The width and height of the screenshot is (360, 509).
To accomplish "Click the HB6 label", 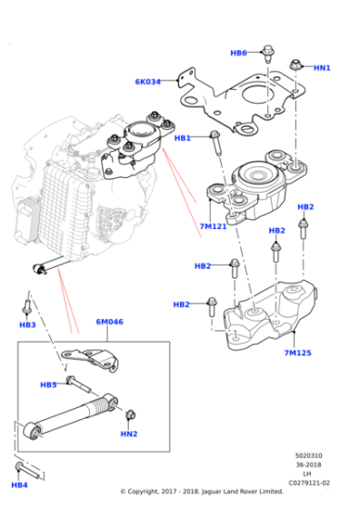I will (x=238, y=53).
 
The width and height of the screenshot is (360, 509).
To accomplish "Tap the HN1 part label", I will (x=322, y=67).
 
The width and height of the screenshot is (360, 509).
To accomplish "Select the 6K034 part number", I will (x=147, y=82).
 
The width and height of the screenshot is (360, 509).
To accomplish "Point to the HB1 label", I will (x=183, y=138).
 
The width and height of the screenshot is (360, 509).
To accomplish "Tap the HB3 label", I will (x=28, y=324).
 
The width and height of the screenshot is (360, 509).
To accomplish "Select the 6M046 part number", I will (x=109, y=322).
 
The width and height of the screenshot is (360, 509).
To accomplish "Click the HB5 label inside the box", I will (x=48, y=384).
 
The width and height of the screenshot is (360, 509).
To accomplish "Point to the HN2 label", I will (x=129, y=434).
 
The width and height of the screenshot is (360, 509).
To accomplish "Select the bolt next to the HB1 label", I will (x=215, y=142).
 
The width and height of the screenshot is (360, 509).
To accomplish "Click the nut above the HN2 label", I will (x=129, y=415).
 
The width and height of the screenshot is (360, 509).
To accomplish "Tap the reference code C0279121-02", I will (x=310, y=484).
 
